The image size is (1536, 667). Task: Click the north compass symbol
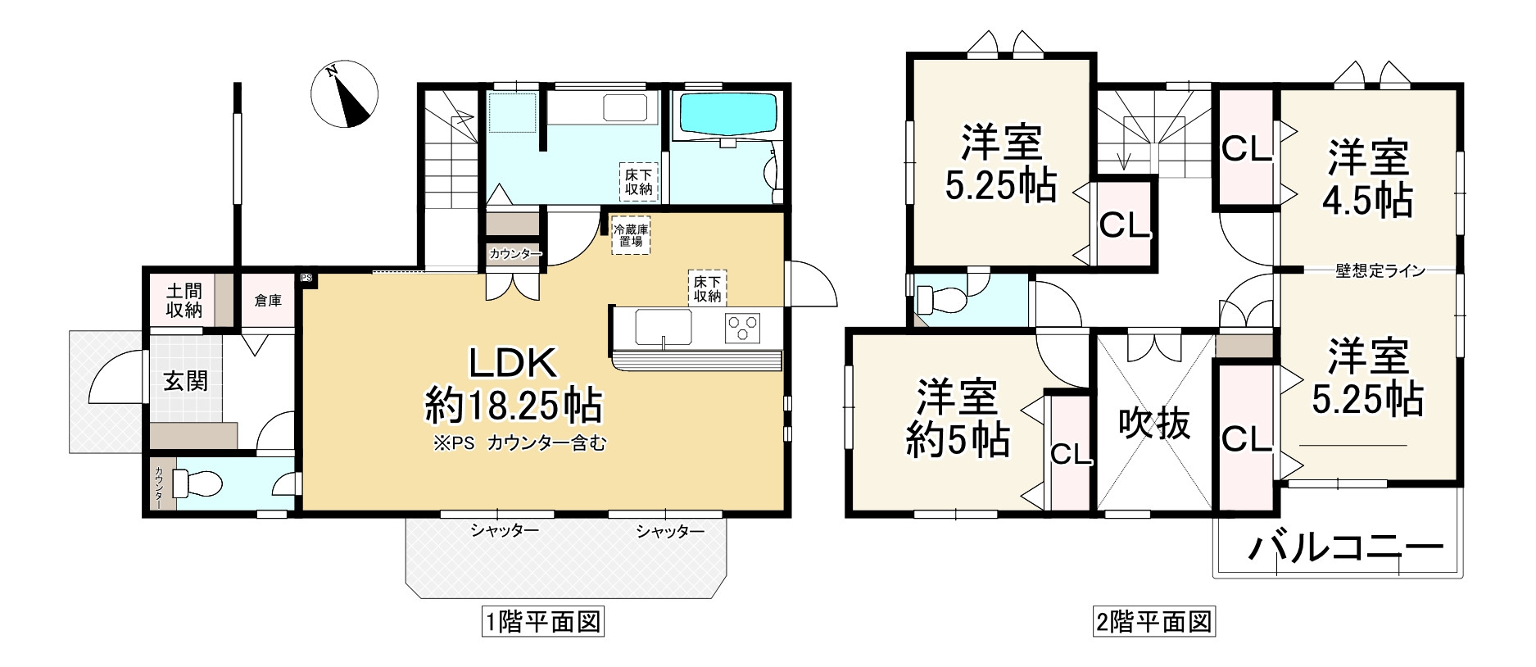(x=345, y=95)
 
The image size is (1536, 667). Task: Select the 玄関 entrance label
(x=186, y=381)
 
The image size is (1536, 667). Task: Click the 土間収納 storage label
(x=184, y=301)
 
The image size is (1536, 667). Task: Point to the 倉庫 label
(x=268, y=301)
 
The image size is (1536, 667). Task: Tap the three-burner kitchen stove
(x=742, y=328)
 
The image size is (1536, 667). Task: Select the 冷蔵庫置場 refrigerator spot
(x=631, y=236)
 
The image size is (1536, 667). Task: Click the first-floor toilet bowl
(x=197, y=483)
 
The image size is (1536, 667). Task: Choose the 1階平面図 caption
(x=543, y=623)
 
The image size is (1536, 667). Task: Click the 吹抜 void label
(x=1154, y=424)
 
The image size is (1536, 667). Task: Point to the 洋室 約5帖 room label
(x=957, y=419)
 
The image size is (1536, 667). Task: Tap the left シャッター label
(x=505, y=532)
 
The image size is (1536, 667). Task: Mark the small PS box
(x=306, y=278)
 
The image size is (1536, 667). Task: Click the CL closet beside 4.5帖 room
(x=1246, y=148)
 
